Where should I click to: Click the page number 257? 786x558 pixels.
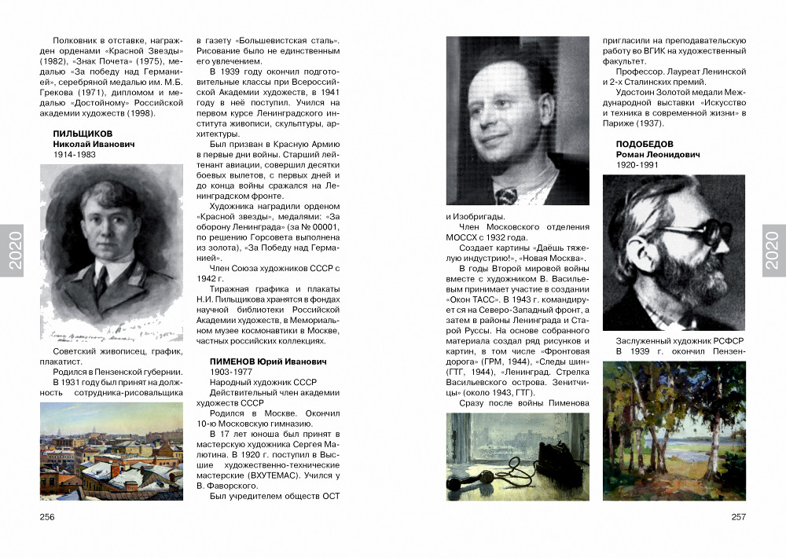click(x=738, y=516)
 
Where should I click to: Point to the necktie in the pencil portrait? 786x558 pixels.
click(x=103, y=281)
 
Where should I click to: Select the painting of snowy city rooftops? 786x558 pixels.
click(x=111, y=450)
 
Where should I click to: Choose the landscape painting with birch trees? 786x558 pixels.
click(x=674, y=431)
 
